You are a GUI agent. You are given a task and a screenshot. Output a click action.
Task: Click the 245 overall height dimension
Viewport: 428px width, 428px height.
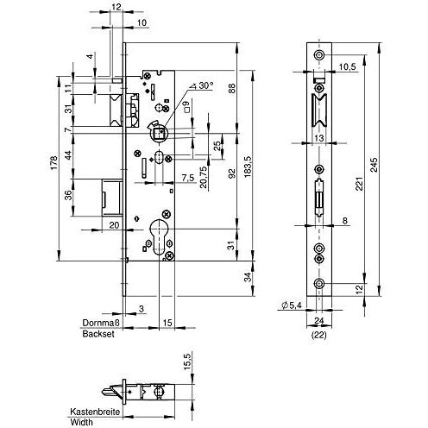coord(374,165)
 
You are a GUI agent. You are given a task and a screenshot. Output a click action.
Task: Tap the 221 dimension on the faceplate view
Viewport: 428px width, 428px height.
coord(359,184)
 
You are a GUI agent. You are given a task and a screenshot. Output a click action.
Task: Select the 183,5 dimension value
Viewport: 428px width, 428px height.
coord(248,167)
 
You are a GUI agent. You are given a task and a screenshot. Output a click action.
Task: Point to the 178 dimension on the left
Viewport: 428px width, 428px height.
coord(54,162)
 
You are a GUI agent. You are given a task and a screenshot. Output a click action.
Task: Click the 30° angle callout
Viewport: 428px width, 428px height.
coord(203,85)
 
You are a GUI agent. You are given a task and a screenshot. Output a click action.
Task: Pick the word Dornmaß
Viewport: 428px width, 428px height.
coord(101,323)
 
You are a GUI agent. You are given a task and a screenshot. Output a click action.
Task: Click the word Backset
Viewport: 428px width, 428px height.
coord(98,334)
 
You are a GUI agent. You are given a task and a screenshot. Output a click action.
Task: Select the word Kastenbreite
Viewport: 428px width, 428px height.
coord(95,412)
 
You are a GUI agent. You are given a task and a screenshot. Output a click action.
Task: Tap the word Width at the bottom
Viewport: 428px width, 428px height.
coord(82,423)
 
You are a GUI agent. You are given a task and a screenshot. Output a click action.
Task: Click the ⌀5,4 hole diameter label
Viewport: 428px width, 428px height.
coord(292,305)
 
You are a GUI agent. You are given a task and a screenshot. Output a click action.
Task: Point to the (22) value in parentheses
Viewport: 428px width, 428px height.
coord(319,335)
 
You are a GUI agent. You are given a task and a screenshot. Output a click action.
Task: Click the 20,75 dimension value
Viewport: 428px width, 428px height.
coord(204,177)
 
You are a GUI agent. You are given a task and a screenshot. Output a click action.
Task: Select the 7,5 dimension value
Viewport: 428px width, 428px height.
coord(188,178)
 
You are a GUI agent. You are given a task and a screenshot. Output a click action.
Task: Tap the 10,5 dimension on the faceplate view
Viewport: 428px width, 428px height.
coord(347,66)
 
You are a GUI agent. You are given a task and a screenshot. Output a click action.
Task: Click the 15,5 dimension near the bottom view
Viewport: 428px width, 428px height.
coord(186,362)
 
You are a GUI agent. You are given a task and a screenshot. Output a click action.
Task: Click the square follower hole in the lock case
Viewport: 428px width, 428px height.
coord(159,134)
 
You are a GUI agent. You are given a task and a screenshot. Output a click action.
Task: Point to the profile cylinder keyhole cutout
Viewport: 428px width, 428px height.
coord(159,236)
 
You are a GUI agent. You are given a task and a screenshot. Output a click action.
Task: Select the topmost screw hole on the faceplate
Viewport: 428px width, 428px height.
coord(319,54)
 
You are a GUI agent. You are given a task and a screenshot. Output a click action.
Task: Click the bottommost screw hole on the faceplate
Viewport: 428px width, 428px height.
coord(319,284)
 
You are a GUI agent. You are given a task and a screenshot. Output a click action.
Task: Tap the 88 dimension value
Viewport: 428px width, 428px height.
coord(232,88)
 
